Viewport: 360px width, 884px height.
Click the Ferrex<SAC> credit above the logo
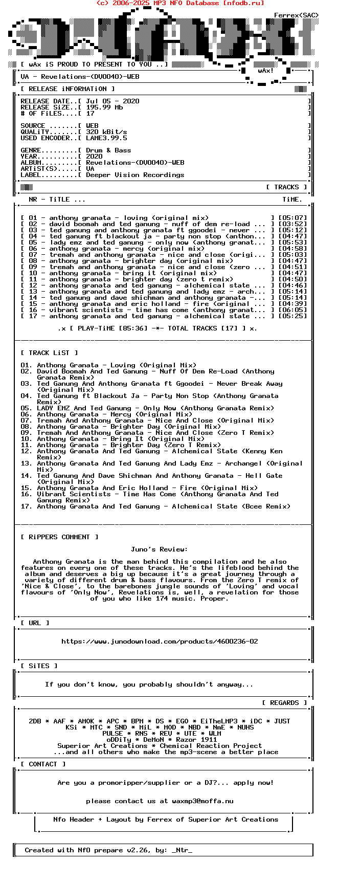296,15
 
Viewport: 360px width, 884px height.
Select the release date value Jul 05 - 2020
112,101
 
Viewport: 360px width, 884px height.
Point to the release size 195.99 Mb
104,107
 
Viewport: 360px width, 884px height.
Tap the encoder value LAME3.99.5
106,138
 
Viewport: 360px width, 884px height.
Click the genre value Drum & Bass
108,150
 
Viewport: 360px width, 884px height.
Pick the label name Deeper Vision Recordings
135,175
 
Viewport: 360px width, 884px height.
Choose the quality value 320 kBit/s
106,132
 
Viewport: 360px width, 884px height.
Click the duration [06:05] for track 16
292,310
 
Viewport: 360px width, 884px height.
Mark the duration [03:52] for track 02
292,224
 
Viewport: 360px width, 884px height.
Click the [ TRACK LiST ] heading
49,353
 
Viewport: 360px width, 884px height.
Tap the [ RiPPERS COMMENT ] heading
59,537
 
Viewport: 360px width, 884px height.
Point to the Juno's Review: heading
159,549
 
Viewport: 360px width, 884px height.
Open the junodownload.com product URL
160,642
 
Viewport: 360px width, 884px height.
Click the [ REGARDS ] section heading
284,703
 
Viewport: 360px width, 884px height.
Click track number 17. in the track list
27,506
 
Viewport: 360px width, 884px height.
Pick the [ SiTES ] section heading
39,666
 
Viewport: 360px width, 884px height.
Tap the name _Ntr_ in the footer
182,850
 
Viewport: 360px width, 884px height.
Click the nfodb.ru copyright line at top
180,3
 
